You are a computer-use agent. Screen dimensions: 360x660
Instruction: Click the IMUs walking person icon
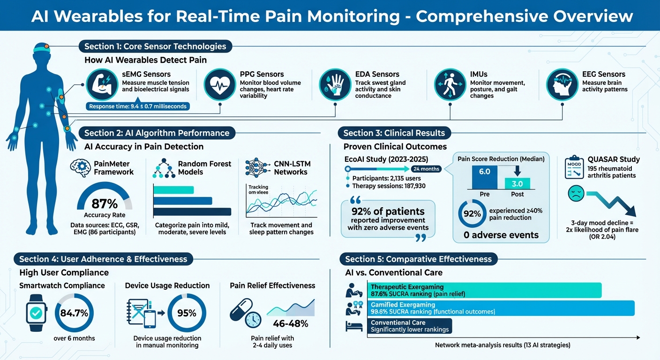click(x=450, y=85)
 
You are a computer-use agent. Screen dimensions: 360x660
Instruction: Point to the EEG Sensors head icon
click(x=562, y=85)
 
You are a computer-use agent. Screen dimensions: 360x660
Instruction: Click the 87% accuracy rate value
click(x=105, y=204)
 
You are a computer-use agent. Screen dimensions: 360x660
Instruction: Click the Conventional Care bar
click(x=411, y=326)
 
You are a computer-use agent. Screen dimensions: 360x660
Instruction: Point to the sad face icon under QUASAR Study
click(x=576, y=194)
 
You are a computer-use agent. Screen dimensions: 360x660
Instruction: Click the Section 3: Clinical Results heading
click(x=394, y=133)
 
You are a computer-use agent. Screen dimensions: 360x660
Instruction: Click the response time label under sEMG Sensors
click(x=137, y=106)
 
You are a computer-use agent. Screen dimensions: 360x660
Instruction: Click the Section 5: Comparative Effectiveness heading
click(x=418, y=259)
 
